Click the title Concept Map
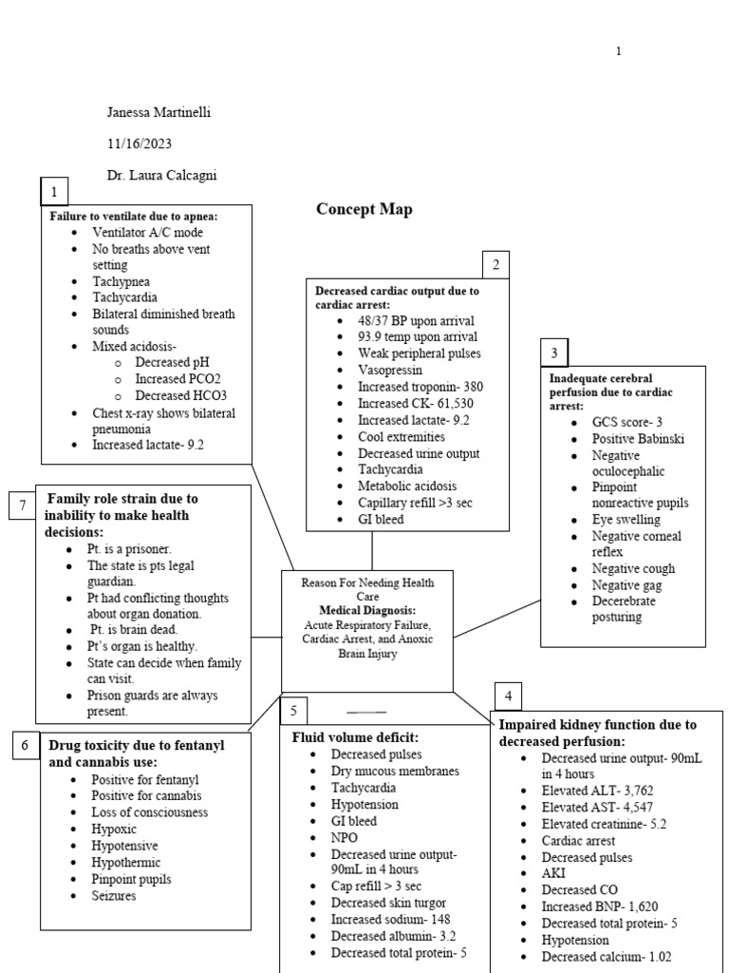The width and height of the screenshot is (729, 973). tap(364, 209)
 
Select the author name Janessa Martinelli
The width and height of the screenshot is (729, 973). tap(159, 112)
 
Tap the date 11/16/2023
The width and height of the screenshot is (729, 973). tap(140, 143)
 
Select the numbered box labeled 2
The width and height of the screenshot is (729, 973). tap(495, 265)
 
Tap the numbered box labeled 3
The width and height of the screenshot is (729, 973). tap(554, 353)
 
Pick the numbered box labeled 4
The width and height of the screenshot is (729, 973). tap(509, 696)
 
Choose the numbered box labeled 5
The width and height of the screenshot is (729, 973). tap(294, 711)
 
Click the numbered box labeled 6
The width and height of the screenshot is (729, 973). tap(25, 747)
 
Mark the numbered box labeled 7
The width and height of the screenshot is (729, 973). tap(22, 506)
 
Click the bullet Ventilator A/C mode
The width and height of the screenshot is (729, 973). tap(147, 232)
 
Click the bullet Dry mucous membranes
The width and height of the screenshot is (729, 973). tap(394, 771)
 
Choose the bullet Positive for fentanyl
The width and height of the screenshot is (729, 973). tap(145, 779)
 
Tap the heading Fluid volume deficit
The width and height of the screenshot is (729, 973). tap(355, 736)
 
